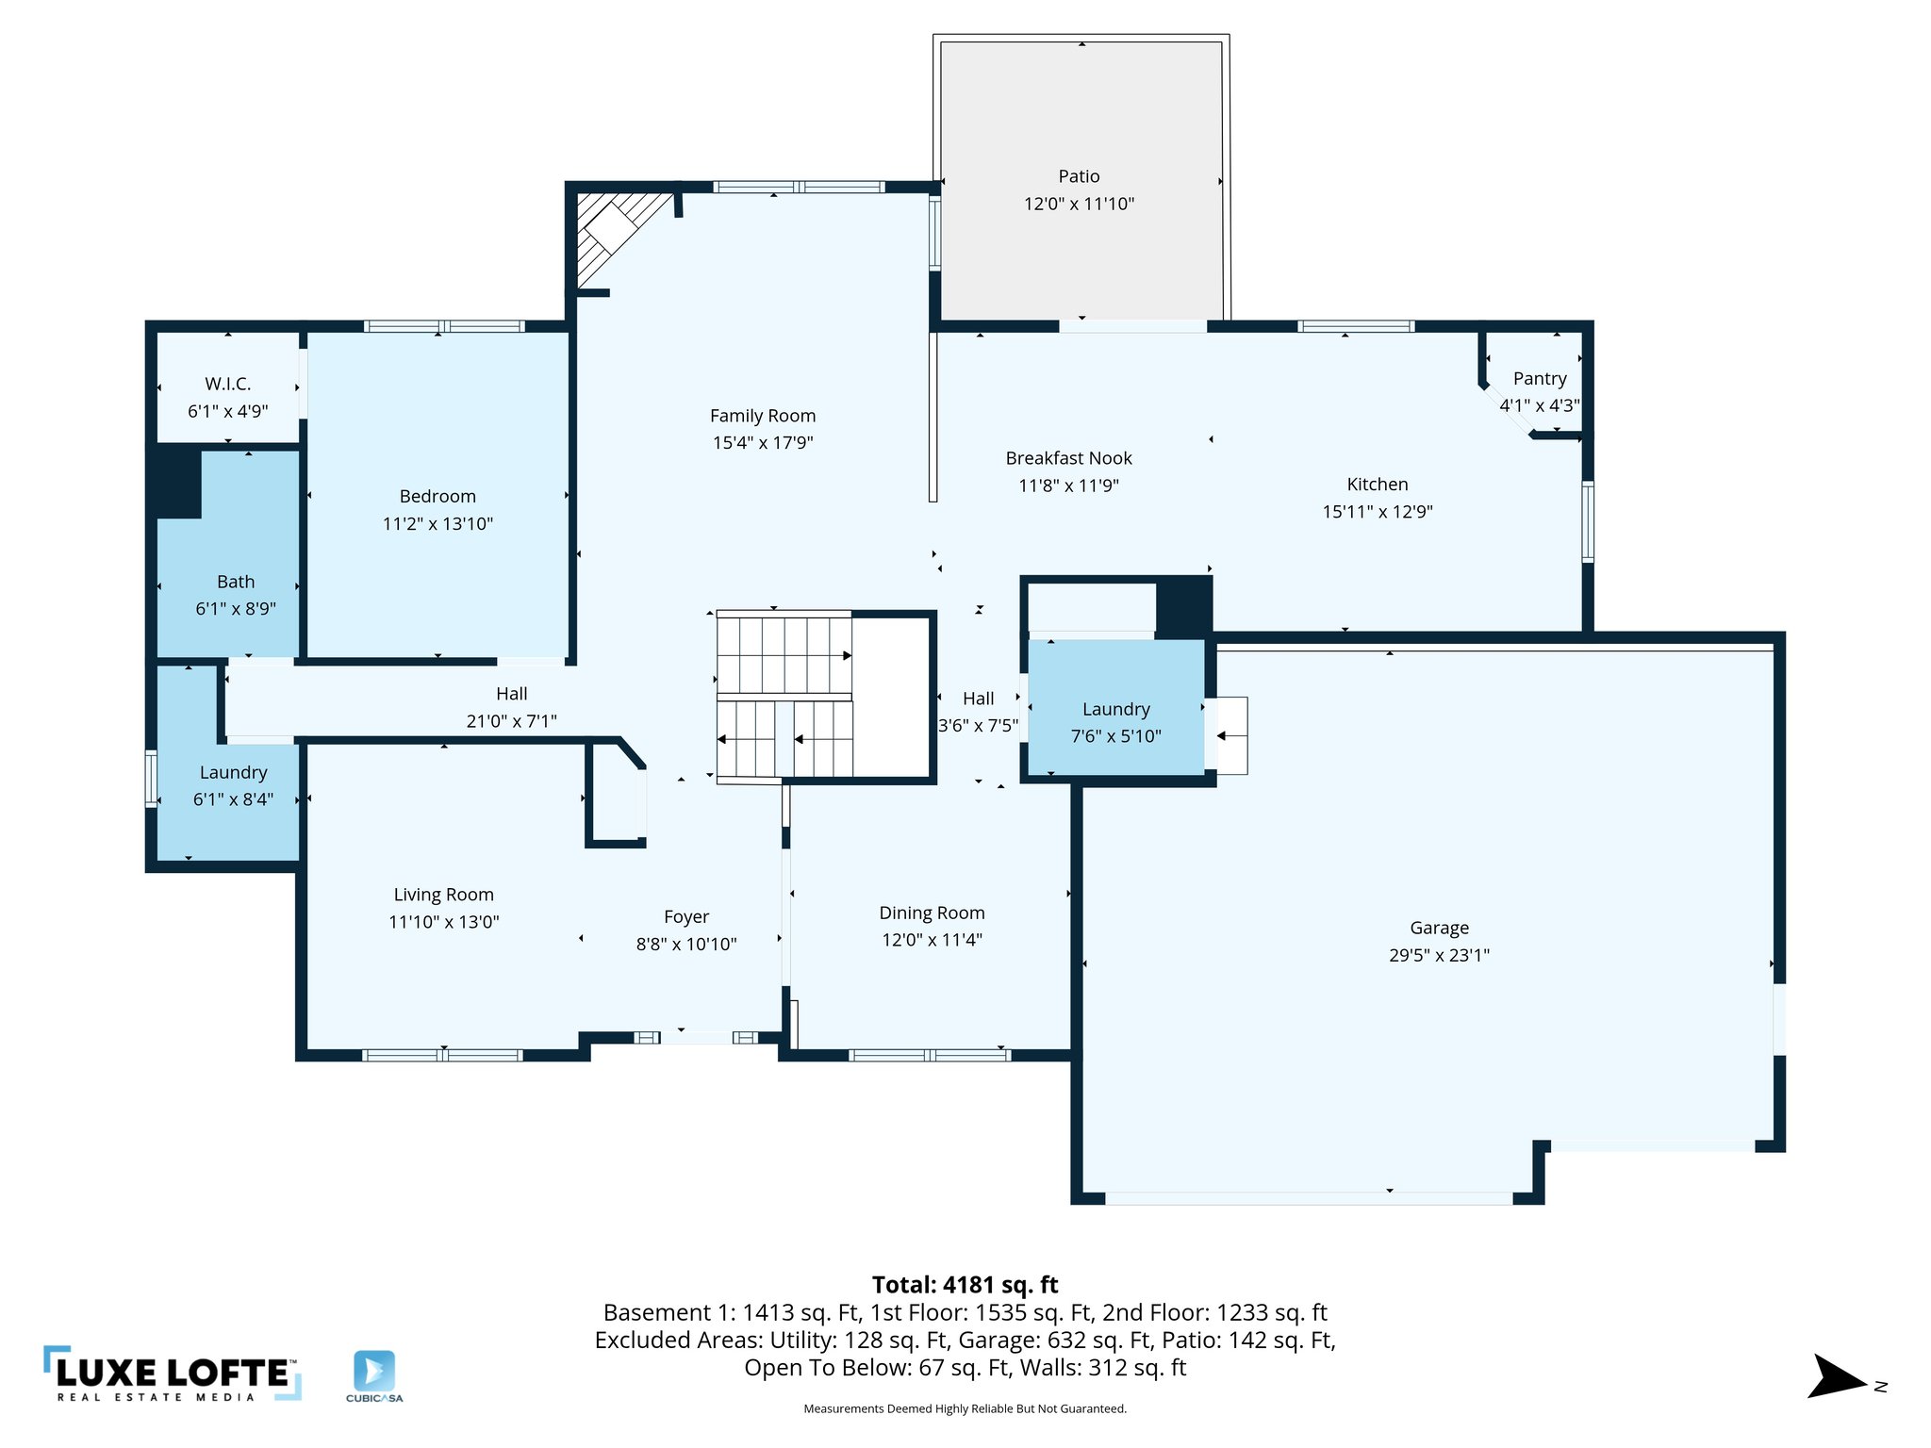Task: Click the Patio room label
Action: (1079, 176)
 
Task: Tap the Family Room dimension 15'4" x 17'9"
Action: (762, 443)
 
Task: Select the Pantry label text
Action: (1540, 379)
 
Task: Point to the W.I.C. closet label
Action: (227, 384)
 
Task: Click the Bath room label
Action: (236, 582)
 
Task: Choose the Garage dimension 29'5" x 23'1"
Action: (1439, 955)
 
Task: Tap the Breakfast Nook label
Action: (1068, 458)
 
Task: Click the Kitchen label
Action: (1377, 485)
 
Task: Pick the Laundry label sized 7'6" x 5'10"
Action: (1115, 710)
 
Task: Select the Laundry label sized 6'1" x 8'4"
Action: (233, 773)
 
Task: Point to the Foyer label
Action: (685, 917)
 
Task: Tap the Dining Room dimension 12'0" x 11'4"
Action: (932, 940)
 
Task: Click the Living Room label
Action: (443, 895)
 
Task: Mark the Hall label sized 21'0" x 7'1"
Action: (511, 694)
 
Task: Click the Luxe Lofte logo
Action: (173, 1374)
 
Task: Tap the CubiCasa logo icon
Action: (374, 1371)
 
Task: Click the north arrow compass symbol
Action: (1836, 1377)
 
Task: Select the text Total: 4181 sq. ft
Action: (965, 1285)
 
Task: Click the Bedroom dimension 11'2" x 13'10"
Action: (437, 524)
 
